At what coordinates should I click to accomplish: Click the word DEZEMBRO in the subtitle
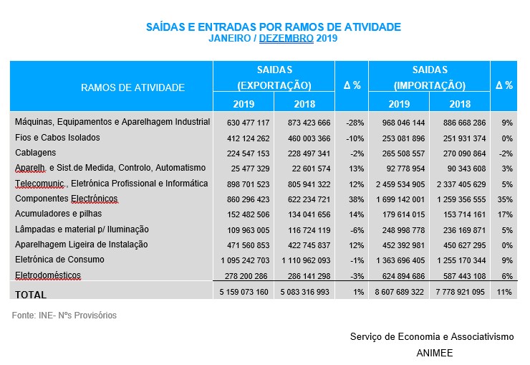pos(286,39)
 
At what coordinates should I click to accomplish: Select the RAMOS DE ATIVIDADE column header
pos(132,87)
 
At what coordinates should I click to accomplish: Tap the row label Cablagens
pos(36,153)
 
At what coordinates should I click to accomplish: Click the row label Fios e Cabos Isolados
pos(57,138)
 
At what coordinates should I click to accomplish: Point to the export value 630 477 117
pos(244,123)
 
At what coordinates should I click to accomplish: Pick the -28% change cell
pos(352,123)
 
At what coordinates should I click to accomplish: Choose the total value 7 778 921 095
pos(458,293)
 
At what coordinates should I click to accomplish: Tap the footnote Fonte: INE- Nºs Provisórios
pos(64,316)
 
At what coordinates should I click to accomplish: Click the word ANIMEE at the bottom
pos(434,353)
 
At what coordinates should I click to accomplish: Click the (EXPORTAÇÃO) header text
pos(274,85)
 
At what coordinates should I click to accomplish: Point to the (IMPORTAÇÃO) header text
pos(430,85)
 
